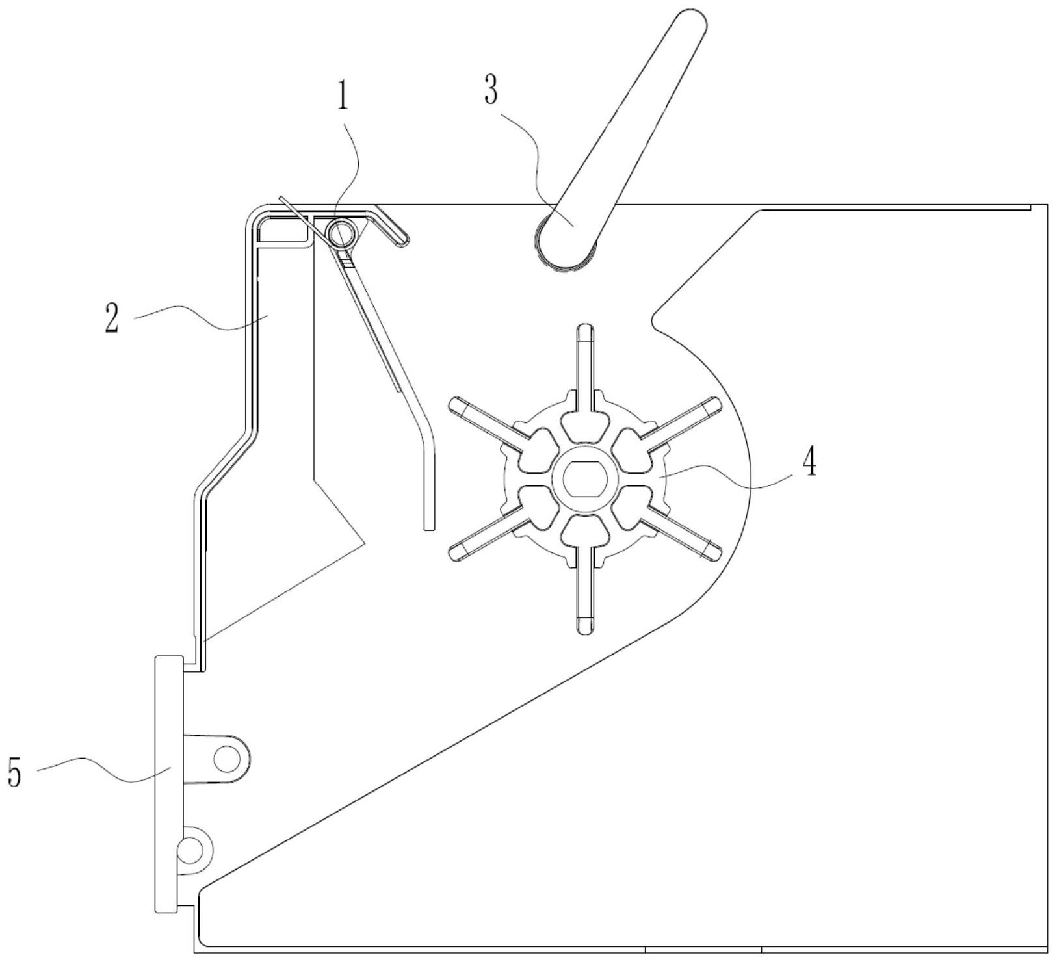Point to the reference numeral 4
click(x=809, y=462)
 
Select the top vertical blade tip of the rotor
click(x=586, y=331)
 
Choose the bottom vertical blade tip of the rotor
click(x=585, y=625)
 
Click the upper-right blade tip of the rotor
click(x=712, y=407)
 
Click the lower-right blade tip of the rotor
click(x=712, y=552)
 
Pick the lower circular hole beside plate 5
click(x=192, y=848)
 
